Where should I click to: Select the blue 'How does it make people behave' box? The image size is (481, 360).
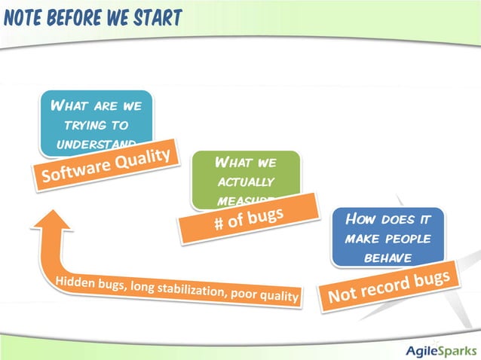coord(388,235)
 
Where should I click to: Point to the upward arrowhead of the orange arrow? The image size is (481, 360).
coord(51,218)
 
